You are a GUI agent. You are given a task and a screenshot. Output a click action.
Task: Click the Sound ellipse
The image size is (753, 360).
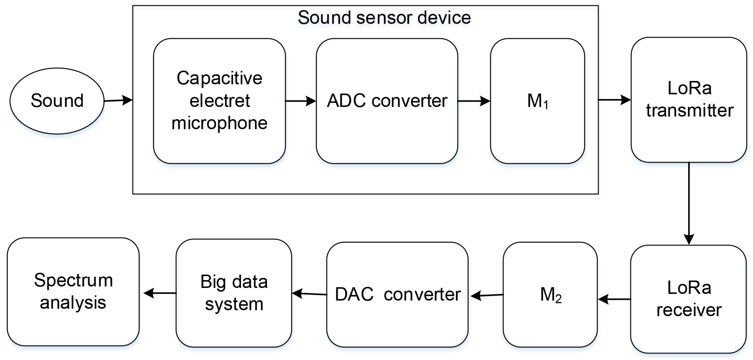[57, 101]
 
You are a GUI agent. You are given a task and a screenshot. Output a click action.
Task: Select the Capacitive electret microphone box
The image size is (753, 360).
[219, 101]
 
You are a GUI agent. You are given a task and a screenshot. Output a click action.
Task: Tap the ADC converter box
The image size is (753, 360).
[387, 101]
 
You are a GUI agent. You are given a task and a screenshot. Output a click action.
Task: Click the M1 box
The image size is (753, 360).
[537, 101]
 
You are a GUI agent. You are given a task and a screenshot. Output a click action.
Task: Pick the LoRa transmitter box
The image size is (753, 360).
[689, 99]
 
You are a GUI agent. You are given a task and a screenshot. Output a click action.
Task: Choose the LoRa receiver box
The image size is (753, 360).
[688, 299]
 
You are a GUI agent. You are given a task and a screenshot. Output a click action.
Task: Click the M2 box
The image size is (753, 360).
[550, 295]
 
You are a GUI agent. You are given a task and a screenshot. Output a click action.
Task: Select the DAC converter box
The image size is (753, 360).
[397, 295]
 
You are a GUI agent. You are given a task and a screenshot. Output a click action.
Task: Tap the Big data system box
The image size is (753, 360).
[234, 293]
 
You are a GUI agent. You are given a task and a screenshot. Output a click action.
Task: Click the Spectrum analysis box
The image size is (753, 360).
[73, 292]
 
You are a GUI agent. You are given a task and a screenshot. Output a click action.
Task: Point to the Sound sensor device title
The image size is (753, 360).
[384, 17]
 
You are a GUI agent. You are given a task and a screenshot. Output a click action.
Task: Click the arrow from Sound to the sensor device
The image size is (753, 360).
[118, 100]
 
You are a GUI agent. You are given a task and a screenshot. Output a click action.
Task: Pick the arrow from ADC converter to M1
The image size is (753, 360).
[474, 101]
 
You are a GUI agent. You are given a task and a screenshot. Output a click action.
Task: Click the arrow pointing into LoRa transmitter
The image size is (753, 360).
[614, 100]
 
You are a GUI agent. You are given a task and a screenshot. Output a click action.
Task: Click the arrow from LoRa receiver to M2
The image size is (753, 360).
[614, 299]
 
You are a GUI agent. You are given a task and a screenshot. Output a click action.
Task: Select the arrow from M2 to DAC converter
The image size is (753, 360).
[487, 295]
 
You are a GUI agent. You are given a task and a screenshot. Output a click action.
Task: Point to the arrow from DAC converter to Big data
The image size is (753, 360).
[309, 294]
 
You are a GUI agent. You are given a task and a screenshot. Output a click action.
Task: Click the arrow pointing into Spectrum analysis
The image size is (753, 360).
[159, 293]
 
